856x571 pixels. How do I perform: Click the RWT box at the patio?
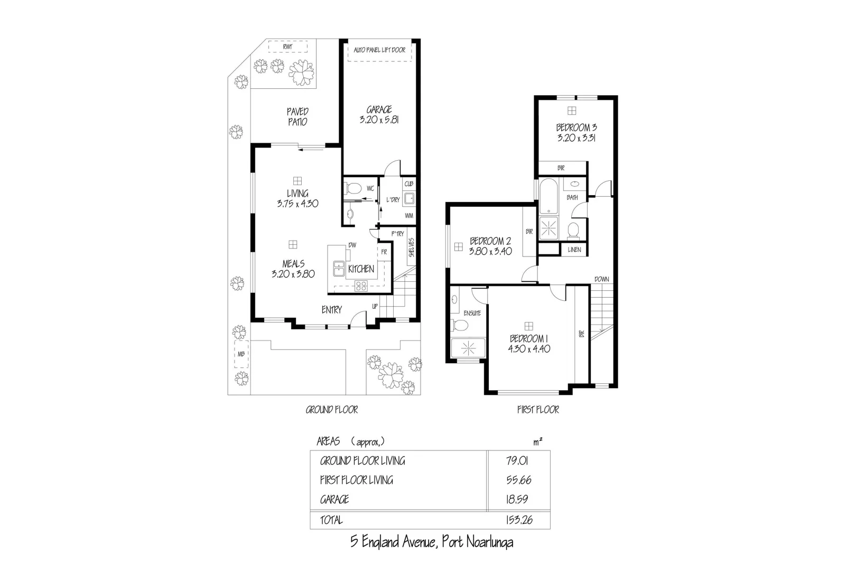(287, 47)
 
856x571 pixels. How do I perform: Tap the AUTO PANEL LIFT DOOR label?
(379, 50)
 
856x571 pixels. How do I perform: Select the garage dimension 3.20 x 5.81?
(379, 120)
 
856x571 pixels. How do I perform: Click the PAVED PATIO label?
(297, 116)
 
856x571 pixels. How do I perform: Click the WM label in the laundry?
(408, 216)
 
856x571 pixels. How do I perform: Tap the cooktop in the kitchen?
(361, 286)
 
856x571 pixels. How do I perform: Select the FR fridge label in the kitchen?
(384, 252)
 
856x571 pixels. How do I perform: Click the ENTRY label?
(331, 310)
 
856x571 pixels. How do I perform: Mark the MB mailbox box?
(241, 355)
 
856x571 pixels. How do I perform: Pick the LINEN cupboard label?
(574, 250)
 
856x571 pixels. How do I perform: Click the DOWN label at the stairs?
(601, 279)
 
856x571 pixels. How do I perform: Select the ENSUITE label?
(472, 313)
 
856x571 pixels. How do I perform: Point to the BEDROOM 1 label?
(528, 338)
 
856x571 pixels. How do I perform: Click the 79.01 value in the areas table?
(517, 461)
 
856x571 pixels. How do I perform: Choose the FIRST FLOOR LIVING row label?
(356, 480)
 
